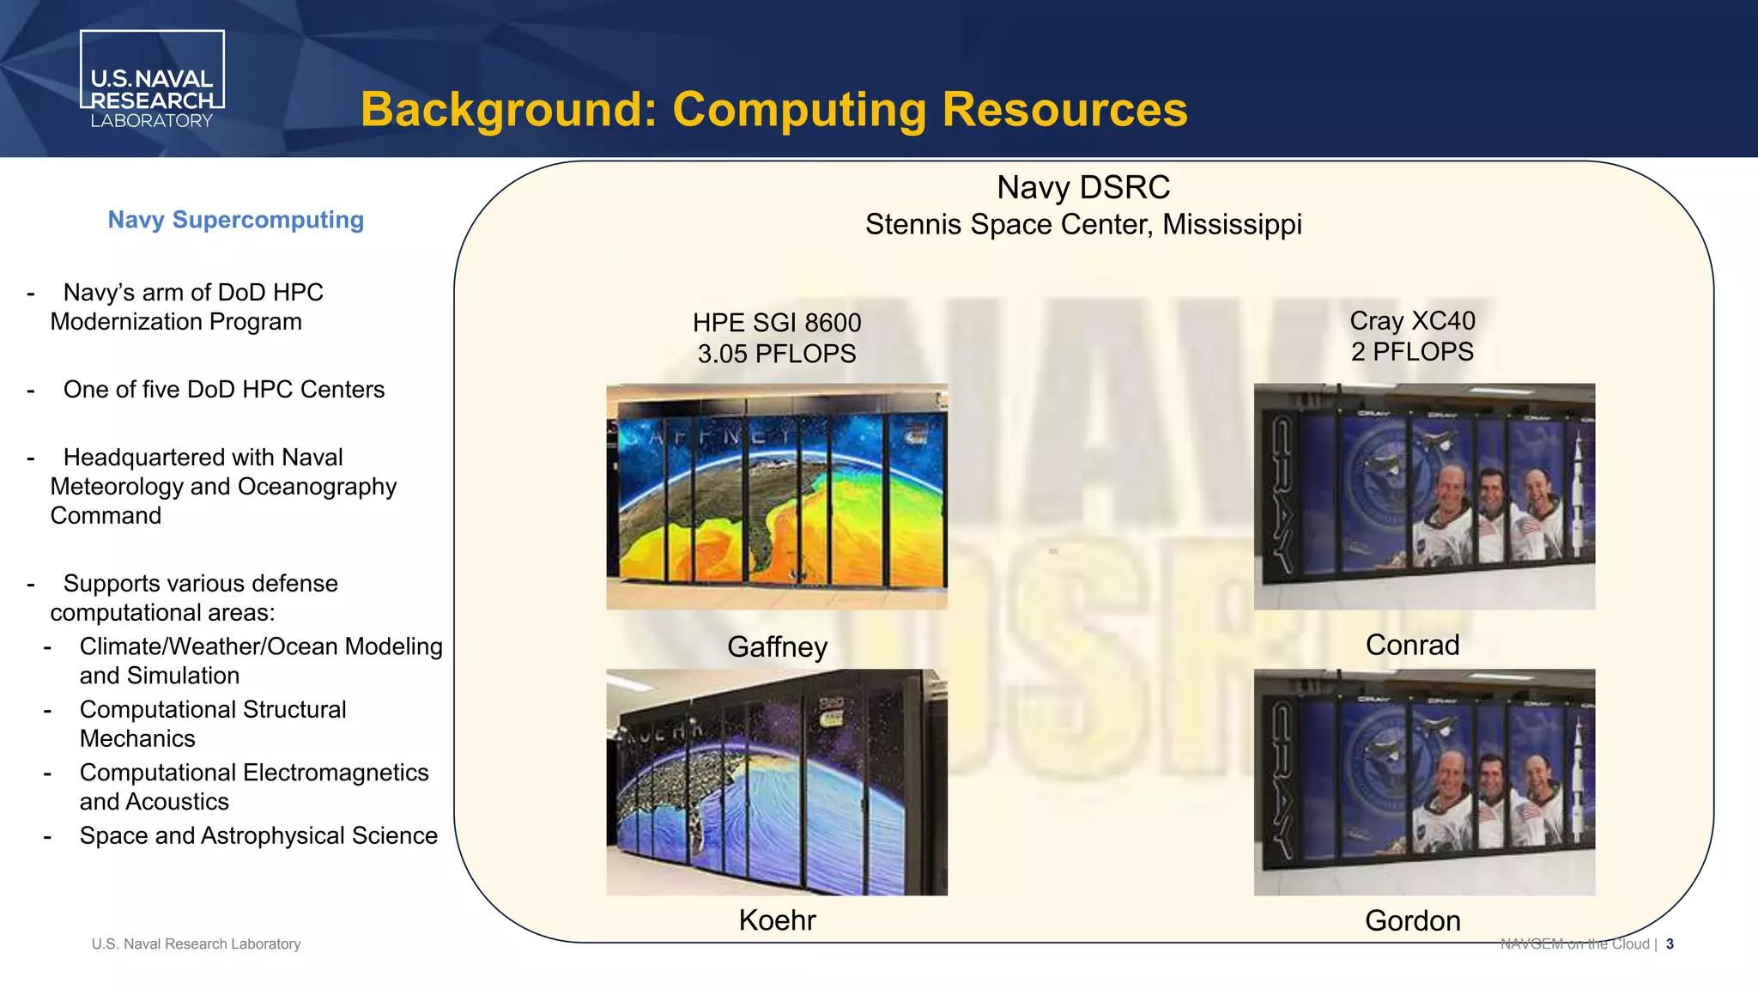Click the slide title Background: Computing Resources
point(773,110)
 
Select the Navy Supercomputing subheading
point(236,220)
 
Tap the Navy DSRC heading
point(1083,187)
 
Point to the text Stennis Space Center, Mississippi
point(1083,225)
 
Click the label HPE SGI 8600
point(777,323)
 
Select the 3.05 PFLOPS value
point(777,354)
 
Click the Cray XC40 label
point(1412,321)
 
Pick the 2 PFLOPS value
point(1412,352)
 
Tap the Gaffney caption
point(777,646)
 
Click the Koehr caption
point(777,920)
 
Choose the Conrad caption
point(1412,645)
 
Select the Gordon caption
point(1412,921)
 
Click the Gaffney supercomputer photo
point(777,496)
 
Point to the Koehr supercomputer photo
point(777,782)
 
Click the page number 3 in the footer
point(1670,944)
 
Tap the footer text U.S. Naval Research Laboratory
point(196,944)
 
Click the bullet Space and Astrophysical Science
point(258,836)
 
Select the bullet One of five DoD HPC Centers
point(223,390)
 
